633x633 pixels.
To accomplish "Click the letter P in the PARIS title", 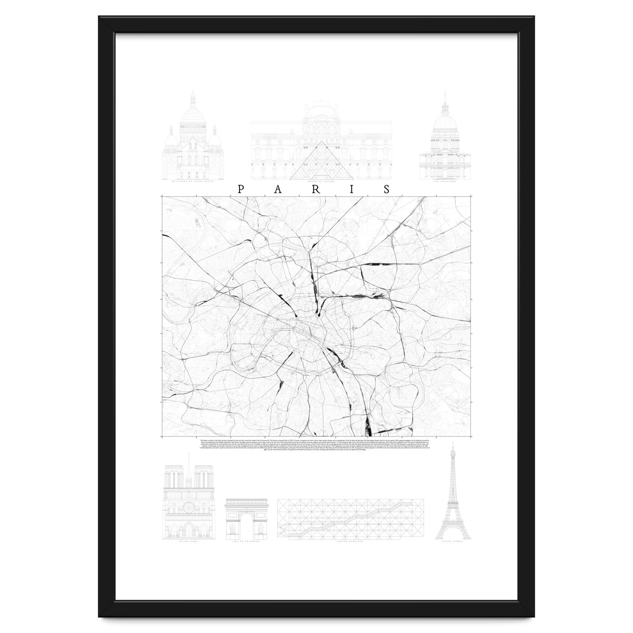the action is (241, 189).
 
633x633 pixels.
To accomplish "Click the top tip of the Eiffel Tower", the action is (452, 444).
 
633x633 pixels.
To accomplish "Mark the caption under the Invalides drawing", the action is (445, 181).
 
